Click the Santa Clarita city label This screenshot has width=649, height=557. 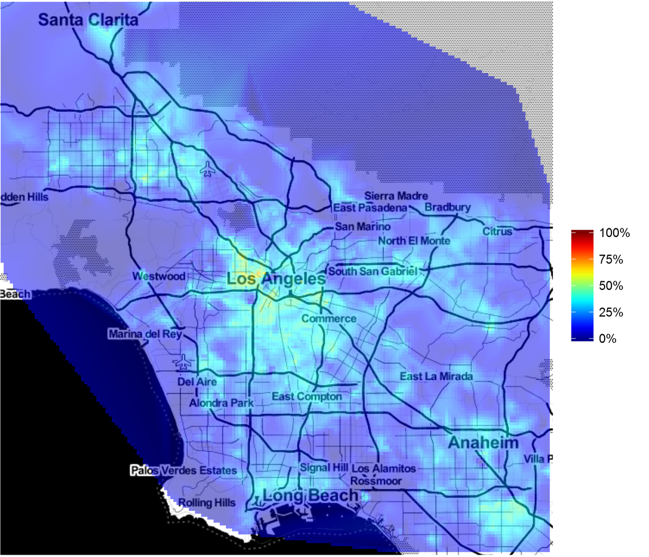[x=88, y=21]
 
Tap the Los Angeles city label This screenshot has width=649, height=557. [x=276, y=279]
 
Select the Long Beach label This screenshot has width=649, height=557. [x=310, y=495]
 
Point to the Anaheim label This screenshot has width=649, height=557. [x=483, y=443]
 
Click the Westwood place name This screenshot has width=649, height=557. [x=159, y=276]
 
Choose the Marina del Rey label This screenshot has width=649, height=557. [x=145, y=334]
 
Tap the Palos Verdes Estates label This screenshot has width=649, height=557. [x=183, y=471]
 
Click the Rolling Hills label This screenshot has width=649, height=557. [x=206, y=502]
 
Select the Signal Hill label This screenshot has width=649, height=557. [x=323, y=468]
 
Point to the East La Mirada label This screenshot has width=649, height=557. [x=436, y=376]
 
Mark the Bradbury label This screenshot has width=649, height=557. [x=448, y=207]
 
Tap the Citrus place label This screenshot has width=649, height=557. [x=498, y=231]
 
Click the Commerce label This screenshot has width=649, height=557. [x=329, y=318]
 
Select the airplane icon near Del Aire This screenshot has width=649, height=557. [x=183, y=361]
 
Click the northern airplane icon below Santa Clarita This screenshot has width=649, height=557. [x=208, y=169]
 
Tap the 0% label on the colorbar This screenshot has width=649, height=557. [x=608, y=338]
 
